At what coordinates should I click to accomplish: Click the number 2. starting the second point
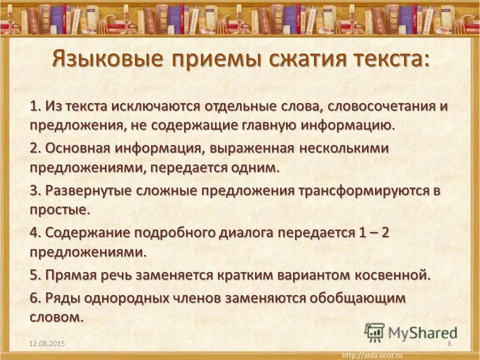35,148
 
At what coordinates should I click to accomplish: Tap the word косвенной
393,275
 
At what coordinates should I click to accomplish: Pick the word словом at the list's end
56,317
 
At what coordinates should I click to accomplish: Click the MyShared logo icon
374,332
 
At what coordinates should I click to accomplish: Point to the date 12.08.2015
47,343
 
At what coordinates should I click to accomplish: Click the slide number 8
449,343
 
